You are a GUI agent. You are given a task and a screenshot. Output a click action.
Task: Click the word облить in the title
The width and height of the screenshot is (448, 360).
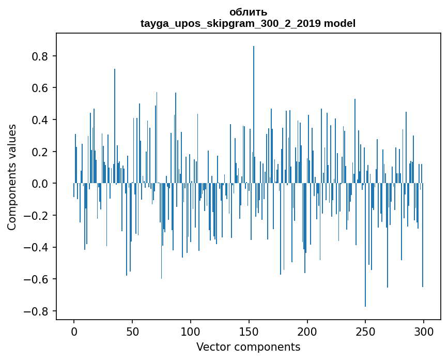tap(248, 12)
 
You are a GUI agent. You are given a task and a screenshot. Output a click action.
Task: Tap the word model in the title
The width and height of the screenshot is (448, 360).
tap(340, 23)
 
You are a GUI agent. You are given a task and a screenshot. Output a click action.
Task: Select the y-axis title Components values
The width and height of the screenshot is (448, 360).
tap(12, 177)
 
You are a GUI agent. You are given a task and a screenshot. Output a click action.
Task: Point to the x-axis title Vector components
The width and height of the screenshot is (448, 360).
tap(248, 347)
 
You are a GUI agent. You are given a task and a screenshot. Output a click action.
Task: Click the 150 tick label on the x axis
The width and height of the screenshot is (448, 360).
tap(249, 331)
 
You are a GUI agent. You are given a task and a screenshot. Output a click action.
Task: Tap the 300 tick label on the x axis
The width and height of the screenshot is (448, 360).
tap(424, 331)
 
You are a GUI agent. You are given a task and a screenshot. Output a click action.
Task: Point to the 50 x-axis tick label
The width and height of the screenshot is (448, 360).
tap(132, 331)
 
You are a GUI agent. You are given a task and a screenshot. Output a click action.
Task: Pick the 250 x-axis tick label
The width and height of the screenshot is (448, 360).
tap(365, 331)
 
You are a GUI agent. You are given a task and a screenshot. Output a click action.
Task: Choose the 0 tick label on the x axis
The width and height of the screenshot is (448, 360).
tap(74, 331)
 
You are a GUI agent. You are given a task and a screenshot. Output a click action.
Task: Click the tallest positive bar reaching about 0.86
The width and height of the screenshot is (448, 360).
tap(254, 114)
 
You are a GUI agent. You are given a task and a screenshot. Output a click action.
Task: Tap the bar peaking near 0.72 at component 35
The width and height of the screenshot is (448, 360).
tap(115, 127)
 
